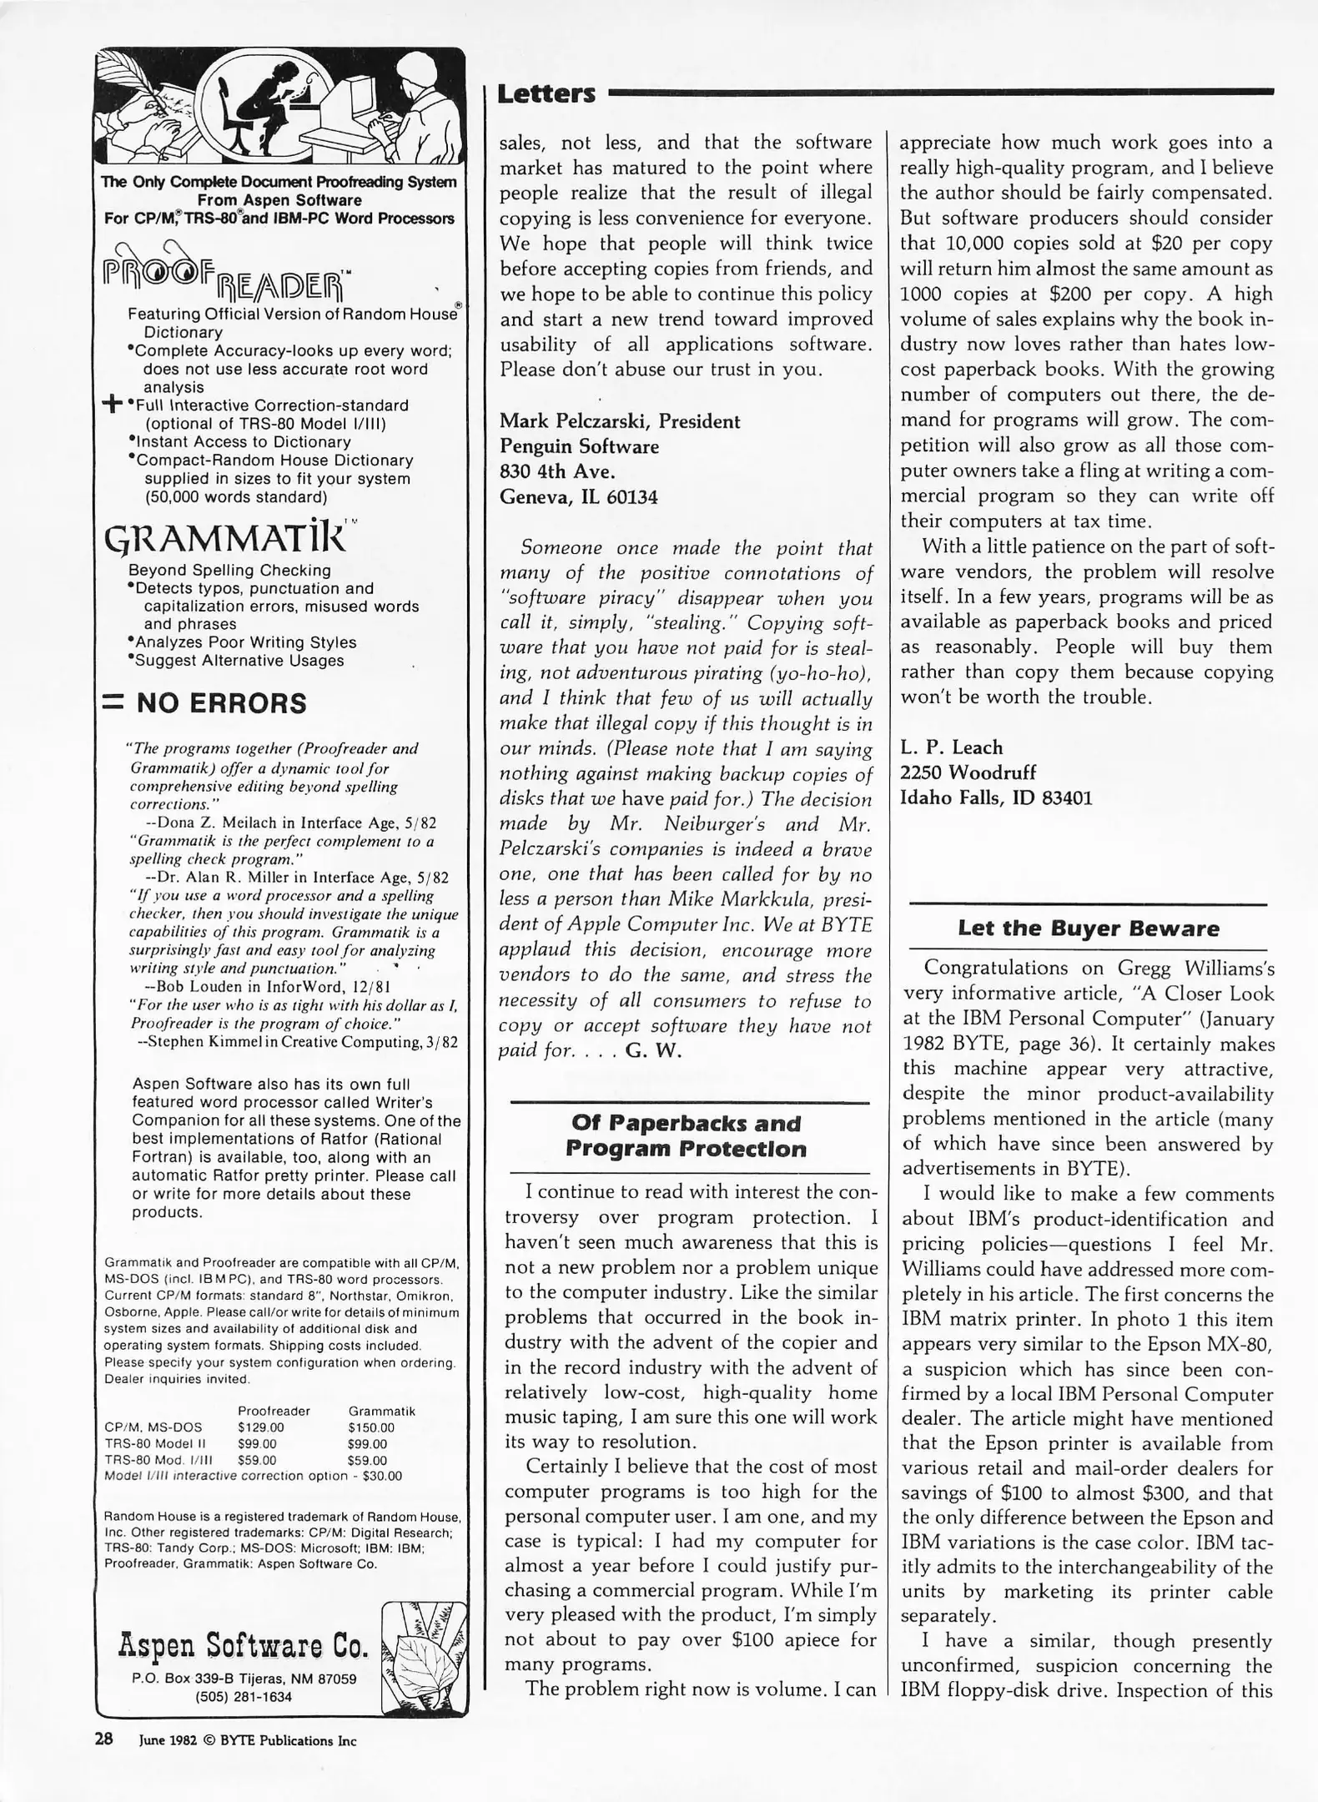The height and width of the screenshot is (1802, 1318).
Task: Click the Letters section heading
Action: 546,93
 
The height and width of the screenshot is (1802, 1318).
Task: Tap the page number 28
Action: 103,1740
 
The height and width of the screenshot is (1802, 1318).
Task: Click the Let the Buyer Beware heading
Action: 1088,928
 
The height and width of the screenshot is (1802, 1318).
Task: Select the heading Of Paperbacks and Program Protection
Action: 686,1135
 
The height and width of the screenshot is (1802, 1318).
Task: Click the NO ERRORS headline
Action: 221,703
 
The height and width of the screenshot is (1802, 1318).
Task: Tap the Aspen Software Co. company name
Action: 243,1645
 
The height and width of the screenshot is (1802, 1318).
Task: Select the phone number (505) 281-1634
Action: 244,1696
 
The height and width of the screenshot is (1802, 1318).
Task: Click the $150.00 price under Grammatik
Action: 370,1427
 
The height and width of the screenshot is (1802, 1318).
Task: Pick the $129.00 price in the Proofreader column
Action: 260,1427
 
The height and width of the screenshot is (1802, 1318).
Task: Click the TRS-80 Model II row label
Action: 155,1443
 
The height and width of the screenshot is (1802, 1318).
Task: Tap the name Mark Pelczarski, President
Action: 620,421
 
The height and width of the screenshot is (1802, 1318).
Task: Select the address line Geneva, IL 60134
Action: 578,497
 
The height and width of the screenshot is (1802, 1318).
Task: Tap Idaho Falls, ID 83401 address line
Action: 996,798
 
